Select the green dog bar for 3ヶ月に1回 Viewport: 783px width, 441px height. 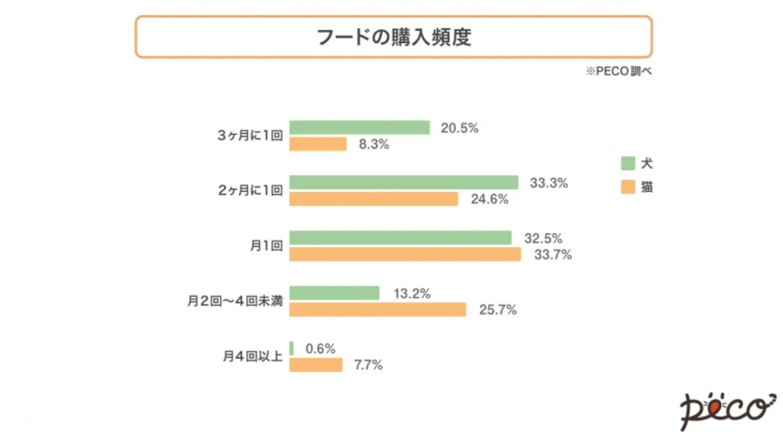pos(359,127)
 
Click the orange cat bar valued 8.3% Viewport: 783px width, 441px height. pos(318,144)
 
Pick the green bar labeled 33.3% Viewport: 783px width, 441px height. pos(403,183)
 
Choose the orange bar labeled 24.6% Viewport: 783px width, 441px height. pos(373,198)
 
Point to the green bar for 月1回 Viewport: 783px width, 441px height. pos(400,238)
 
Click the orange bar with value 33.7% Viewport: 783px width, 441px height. pos(404,254)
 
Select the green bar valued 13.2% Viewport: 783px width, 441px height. pos(334,293)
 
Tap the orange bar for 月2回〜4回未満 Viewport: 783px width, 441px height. pos(377,309)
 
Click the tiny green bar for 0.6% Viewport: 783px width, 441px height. pos(292,348)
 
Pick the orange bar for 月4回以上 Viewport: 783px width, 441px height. pos(316,364)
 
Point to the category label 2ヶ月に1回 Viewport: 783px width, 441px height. pos(249,190)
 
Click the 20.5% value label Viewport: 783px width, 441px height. pos(458,127)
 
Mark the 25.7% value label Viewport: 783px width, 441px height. pos(498,309)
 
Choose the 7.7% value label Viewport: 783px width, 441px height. pos(368,364)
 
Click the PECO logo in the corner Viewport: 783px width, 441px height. pos(722,406)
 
